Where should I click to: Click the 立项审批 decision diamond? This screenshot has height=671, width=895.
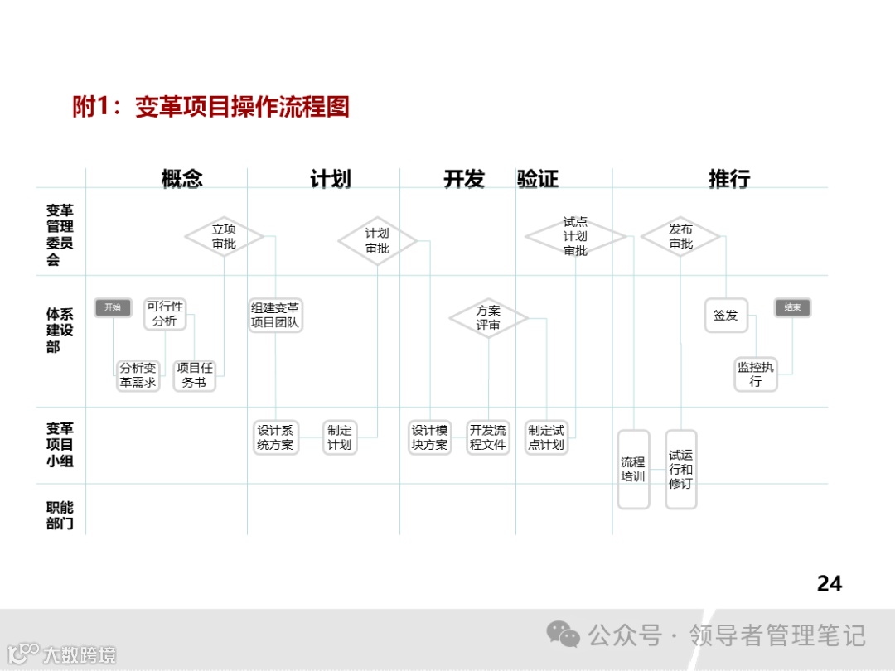(224, 237)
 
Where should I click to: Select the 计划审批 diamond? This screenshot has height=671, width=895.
(377, 241)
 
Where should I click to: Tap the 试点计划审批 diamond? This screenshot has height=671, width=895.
(575, 237)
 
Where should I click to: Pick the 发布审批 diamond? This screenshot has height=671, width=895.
(680, 237)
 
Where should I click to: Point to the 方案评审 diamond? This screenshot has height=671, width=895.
(488, 318)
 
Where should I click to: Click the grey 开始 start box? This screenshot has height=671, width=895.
(113, 307)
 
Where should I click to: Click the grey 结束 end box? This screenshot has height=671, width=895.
(792, 307)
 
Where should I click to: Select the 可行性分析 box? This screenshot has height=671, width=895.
(165, 314)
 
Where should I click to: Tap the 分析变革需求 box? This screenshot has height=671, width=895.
(138, 375)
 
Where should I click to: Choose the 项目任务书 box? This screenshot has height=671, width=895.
(194, 375)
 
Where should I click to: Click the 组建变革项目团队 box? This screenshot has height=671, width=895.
(275, 316)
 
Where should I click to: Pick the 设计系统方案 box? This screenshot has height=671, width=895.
(275, 437)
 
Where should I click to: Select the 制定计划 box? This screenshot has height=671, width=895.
(339, 437)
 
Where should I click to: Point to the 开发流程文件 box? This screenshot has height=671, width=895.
(487, 437)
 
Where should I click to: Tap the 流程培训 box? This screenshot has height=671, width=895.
(633, 469)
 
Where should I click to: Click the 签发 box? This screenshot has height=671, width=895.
(726, 316)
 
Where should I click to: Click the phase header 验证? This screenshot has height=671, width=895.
(538, 179)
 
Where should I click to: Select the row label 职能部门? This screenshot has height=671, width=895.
(60, 515)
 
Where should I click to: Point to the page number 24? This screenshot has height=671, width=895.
(829, 584)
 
